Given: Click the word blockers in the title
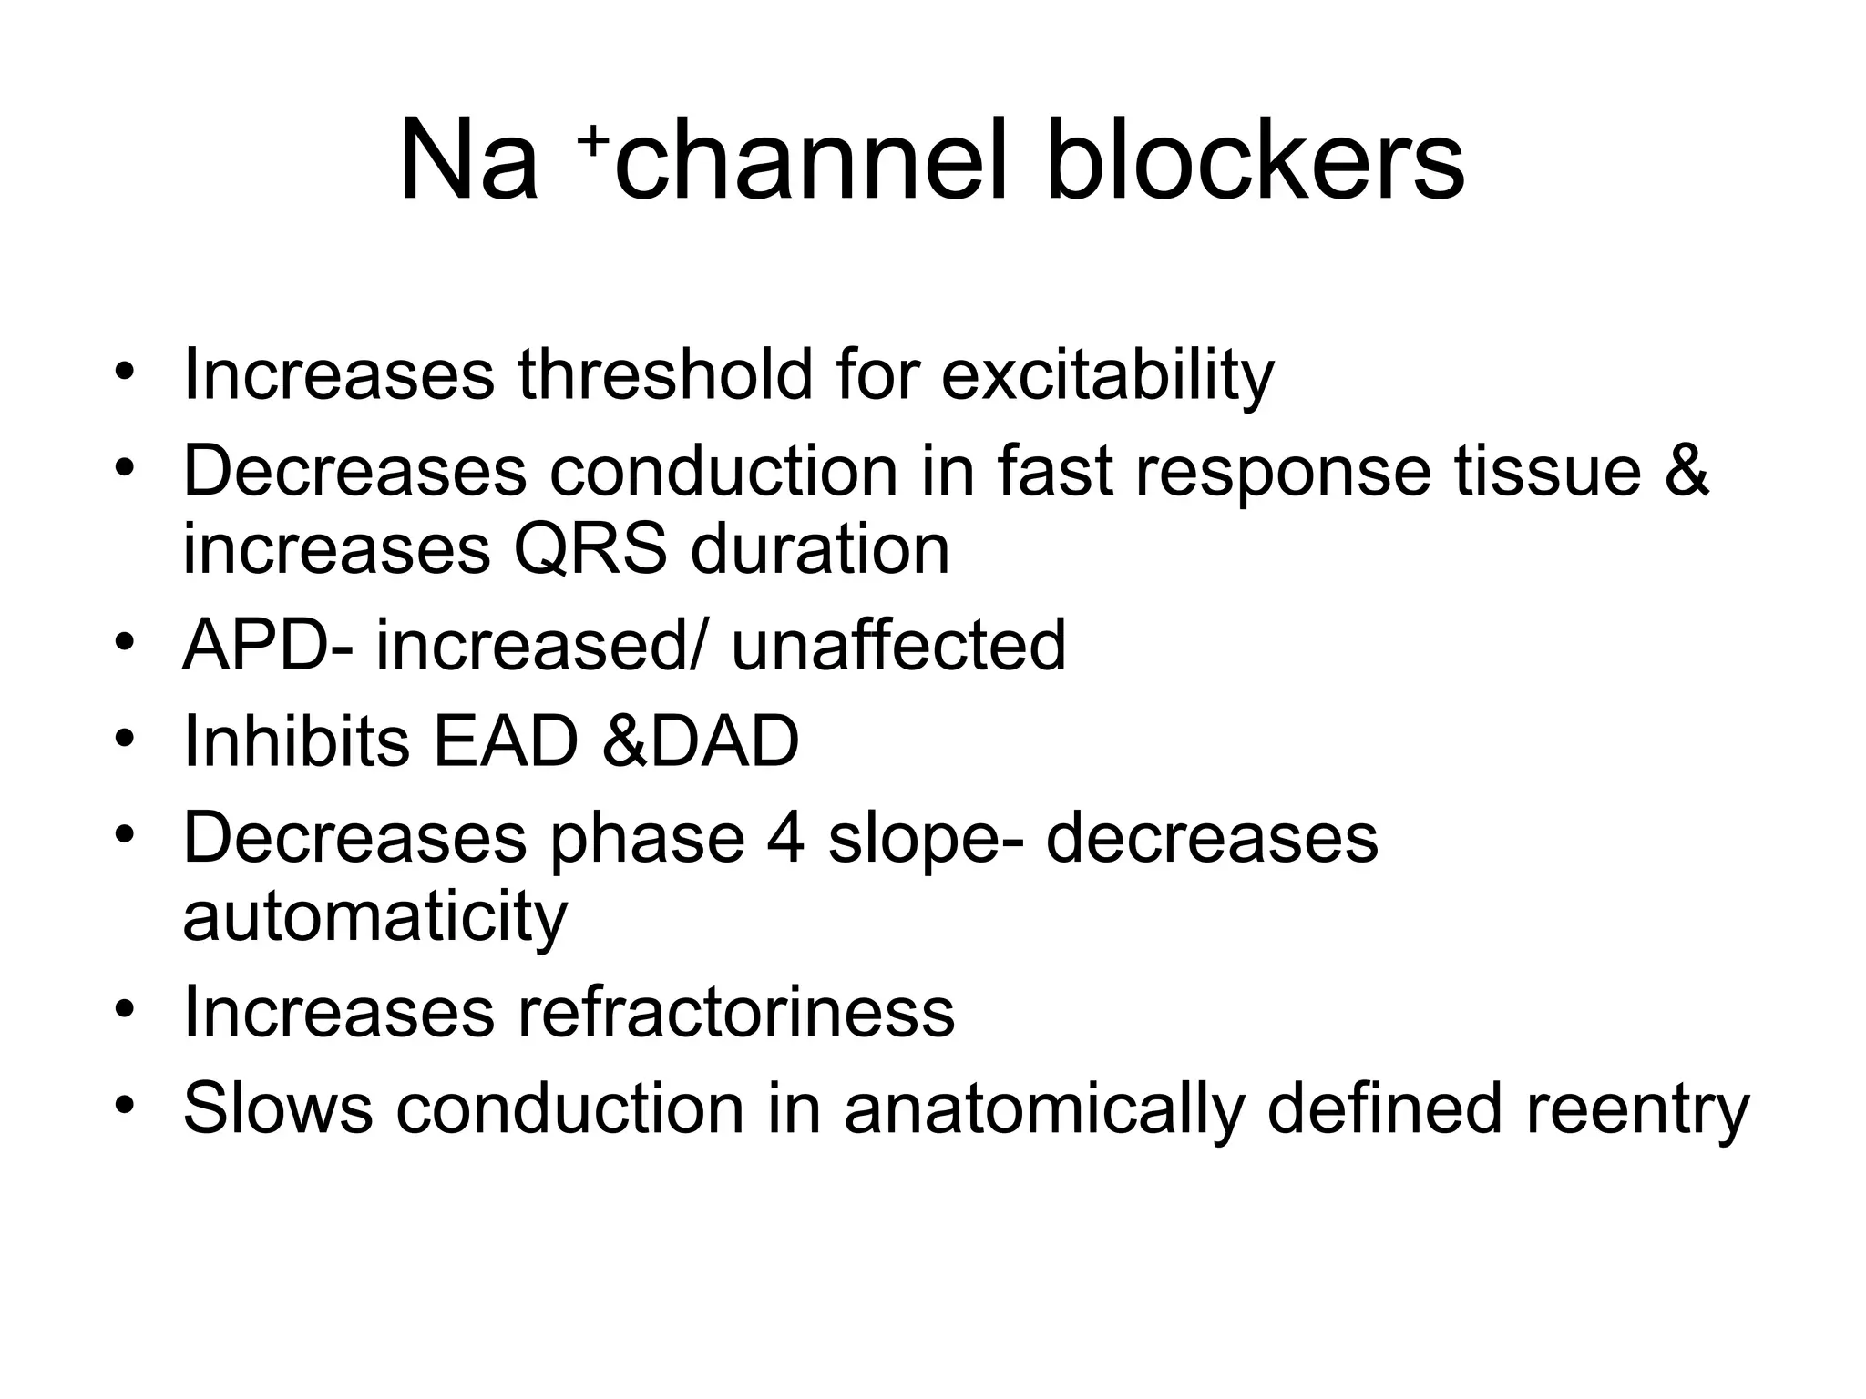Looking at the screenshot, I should [x=1255, y=162].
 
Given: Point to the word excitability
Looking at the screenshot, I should [x=1107, y=375].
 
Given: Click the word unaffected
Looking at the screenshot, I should [x=898, y=645].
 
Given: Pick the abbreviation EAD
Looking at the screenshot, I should [x=506, y=740].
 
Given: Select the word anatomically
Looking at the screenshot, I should [x=1043, y=1108].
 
